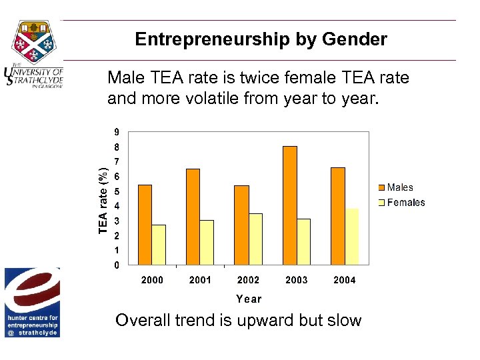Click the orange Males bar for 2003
click(x=290, y=205)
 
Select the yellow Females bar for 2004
click(x=351, y=237)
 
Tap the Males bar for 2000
click(x=145, y=225)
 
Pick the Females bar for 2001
click(x=207, y=242)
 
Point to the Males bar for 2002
click(x=241, y=225)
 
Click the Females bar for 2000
click(x=159, y=245)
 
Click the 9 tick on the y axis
click(x=117, y=132)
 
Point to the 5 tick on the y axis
click(x=117, y=191)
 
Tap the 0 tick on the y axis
click(x=117, y=265)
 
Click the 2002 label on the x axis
click(x=248, y=280)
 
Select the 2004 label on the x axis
click(x=345, y=280)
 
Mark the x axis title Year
click(x=249, y=299)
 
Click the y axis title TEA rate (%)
click(x=103, y=199)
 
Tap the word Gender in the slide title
click(x=354, y=39)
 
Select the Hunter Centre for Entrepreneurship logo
click(x=32, y=303)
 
